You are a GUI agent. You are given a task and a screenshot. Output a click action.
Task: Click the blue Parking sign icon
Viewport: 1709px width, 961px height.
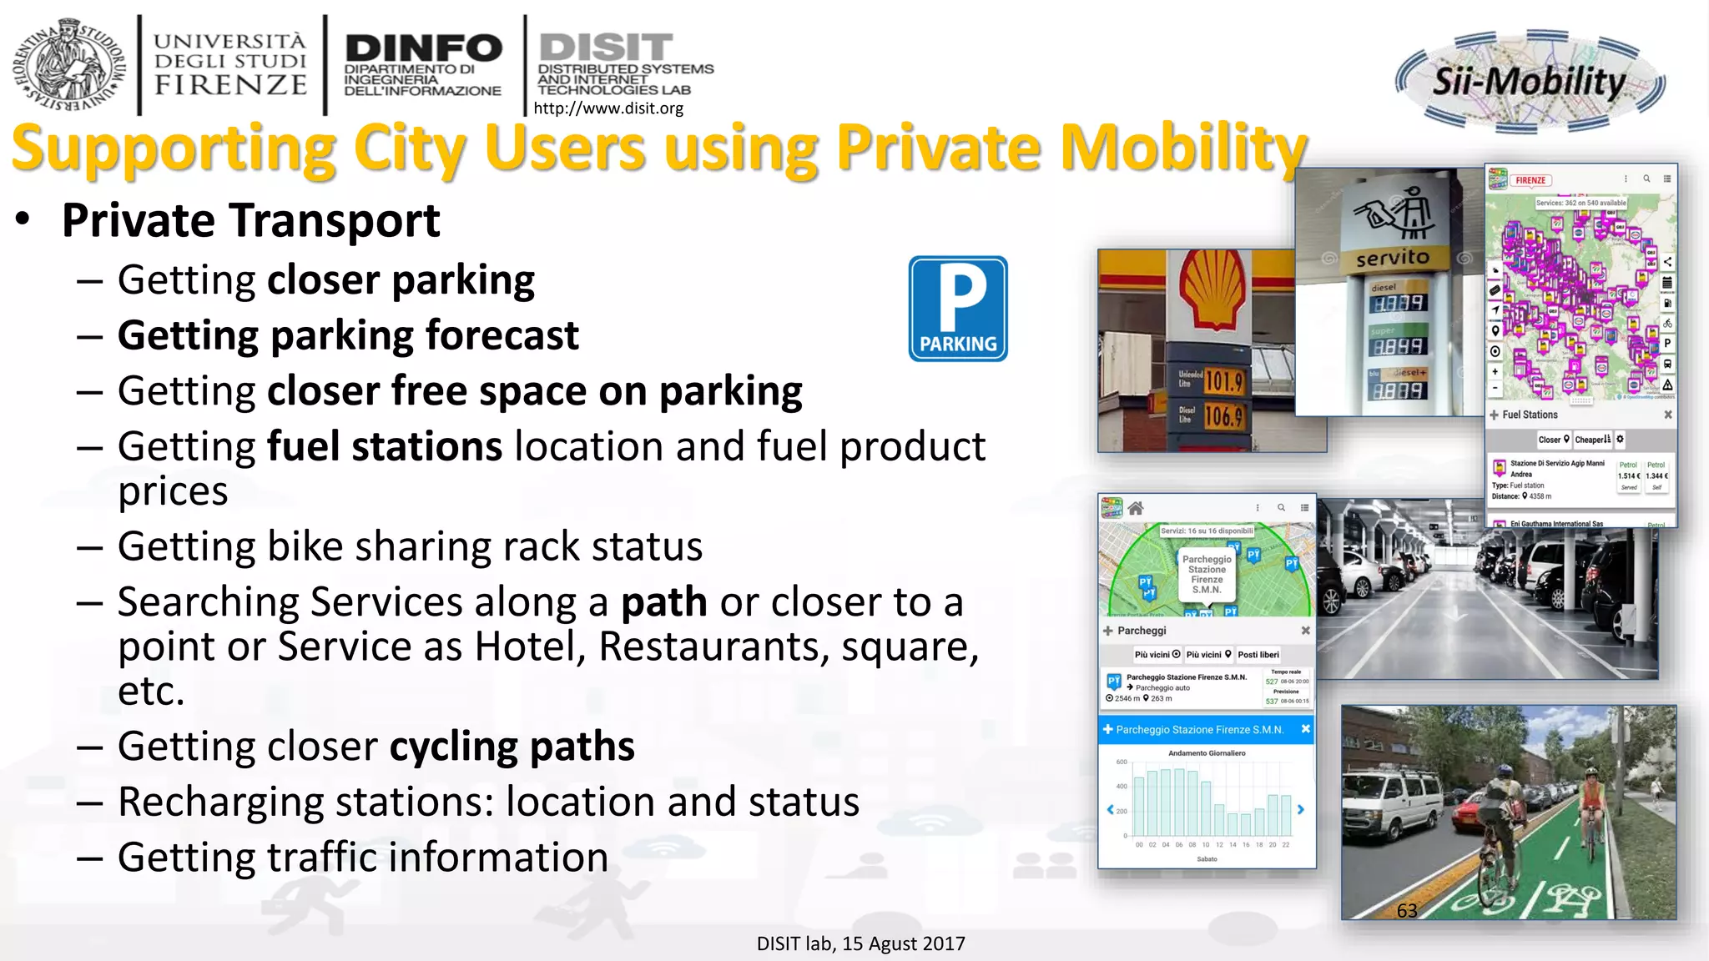pyautogui.click(x=958, y=309)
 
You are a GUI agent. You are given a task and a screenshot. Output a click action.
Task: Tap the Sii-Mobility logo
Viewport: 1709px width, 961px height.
pyautogui.click(x=1530, y=82)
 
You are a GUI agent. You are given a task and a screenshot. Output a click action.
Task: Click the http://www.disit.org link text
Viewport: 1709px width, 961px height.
pyautogui.click(x=607, y=108)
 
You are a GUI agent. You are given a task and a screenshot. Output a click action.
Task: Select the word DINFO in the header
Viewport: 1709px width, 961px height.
pyautogui.click(x=423, y=48)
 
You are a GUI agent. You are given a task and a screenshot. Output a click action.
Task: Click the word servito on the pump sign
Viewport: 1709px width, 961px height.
pyautogui.click(x=1392, y=258)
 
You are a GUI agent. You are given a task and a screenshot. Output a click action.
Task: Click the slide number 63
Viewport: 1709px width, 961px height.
pyautogui.click(x=1407, y=910)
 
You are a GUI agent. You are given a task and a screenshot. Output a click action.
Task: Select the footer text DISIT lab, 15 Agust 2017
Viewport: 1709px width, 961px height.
pyautogui.click(x=860, y=943)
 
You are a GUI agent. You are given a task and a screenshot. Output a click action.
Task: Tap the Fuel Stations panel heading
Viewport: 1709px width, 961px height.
pyautogui.click(x=1530, y=415)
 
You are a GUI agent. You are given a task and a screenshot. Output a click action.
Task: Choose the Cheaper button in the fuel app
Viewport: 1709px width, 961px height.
pyautogui.click(x=1593, y=440)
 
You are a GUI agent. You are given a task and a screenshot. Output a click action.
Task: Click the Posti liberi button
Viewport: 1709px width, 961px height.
pyautogui.click(x=1258, y=655)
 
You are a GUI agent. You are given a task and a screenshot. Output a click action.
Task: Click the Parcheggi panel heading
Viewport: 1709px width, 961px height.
pyautogui.click(x=1141, y=631)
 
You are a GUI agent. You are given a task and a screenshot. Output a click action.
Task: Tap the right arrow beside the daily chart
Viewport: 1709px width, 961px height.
pyautogui.click(x=1300, y=809)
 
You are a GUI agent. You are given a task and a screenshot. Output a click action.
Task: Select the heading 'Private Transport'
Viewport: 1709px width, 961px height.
pyautogui.click(x=250, y=221)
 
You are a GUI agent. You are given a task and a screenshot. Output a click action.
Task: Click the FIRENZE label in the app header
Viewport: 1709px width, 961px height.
pyautogui.click(x=1530, y=180)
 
